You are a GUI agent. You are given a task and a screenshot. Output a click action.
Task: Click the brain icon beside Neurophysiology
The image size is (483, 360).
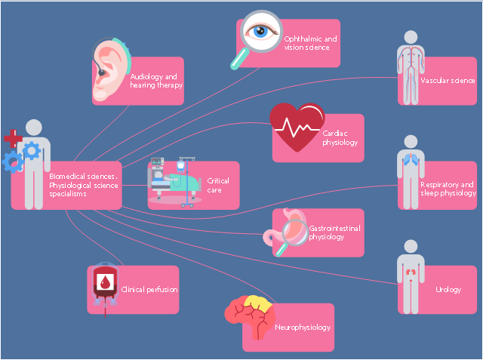(x=250, y=316)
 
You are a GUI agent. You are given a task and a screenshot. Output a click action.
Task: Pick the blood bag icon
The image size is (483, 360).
(x=104, y=285)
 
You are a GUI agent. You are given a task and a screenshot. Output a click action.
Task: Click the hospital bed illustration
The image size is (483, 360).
(x=173, y=182)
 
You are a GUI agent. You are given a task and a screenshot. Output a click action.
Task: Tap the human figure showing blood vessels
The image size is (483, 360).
(x=409, y=68)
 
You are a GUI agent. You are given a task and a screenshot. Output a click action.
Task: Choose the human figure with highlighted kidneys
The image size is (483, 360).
(x=409, y=276)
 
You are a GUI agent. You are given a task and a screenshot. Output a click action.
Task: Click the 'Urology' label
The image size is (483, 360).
(x=448, y=290)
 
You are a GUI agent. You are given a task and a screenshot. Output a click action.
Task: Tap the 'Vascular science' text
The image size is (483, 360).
(x=448, y=80)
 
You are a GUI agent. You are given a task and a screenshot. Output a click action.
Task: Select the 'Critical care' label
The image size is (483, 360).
(x=218, y=186)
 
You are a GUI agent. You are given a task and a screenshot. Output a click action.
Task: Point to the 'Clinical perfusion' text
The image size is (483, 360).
(x=149, y=289)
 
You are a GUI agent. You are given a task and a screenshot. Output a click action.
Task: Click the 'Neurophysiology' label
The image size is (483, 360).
(x=303, y=328)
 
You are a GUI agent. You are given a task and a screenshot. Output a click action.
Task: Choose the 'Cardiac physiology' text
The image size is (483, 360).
(x=340, y=137)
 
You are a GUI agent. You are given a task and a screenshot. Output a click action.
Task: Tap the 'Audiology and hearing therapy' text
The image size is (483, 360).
(x=156, y=81)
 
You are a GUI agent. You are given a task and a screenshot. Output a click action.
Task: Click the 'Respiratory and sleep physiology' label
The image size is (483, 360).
(x=448, y=189)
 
